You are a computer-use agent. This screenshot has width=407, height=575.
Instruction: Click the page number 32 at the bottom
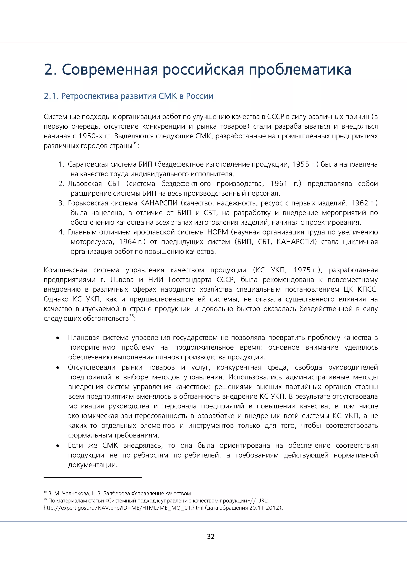tap(210, 536)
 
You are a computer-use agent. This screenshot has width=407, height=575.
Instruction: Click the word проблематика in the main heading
tap(300, 70)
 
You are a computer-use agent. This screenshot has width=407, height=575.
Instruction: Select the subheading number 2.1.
tap(51, 96)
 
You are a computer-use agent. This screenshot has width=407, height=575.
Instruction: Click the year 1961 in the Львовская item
tap(279, 184)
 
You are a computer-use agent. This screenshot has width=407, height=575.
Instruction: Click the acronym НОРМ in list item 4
tap(218, 232)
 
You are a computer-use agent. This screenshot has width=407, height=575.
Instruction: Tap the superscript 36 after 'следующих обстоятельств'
tap(132, 316)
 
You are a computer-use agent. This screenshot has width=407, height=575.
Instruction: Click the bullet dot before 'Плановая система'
tap(58, 338)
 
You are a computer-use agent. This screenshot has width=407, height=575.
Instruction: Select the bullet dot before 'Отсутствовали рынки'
tap(58, 368)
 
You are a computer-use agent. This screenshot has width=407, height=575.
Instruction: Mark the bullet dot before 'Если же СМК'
tap(58, 446)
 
